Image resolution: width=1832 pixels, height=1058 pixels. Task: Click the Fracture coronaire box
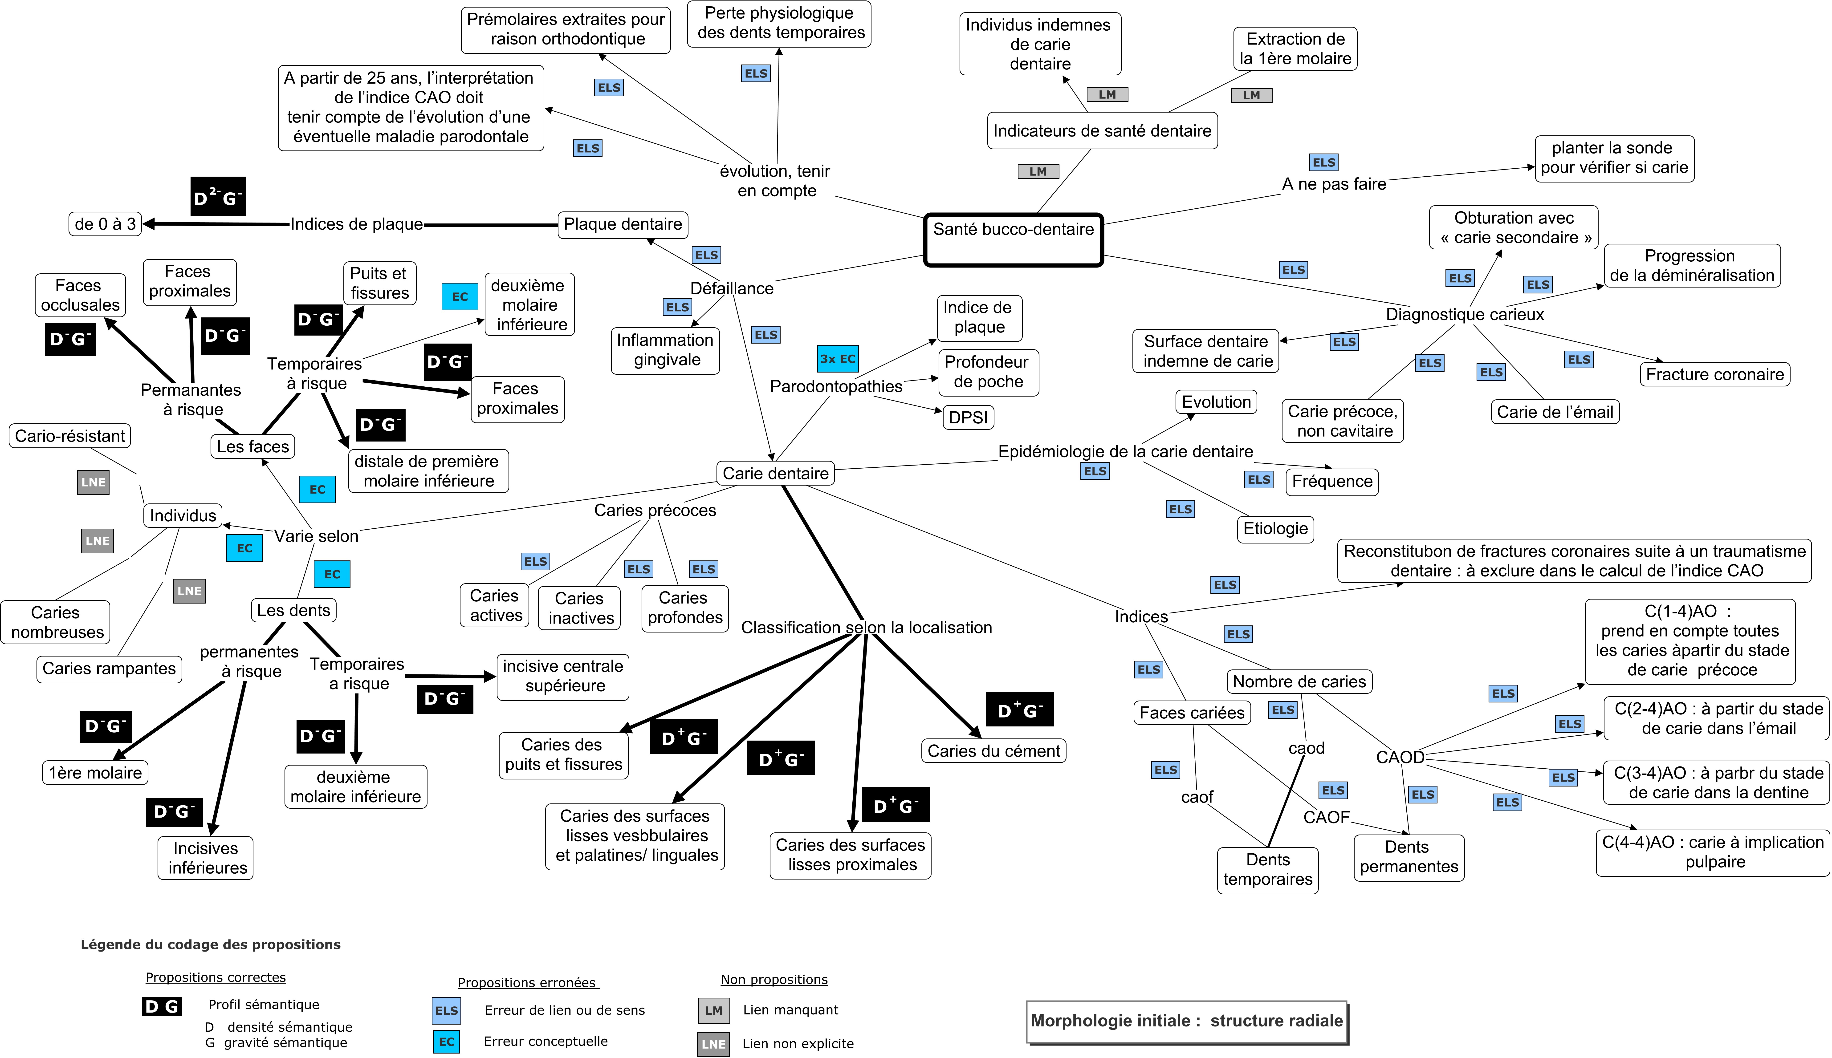pyautogui.click(x=1714, y=374)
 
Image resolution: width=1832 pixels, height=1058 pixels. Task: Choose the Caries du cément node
pyautogui.click(x=993, y=751)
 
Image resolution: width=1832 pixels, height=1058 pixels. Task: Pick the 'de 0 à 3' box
pyautogui.click(x=105, y=224)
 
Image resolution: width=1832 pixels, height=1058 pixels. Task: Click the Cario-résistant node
pyautogui.click(x=70, y=436)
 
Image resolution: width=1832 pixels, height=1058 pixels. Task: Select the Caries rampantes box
pyautogui.click(x=109, y=669)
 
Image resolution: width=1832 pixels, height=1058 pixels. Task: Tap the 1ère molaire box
pyautogui.click(x=95, y=772)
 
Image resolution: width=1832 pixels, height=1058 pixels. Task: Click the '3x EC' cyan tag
pyautogui.click(x=838, y=359)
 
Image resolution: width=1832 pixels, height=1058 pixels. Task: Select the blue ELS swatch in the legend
pyautogui.click(x=446, y=1010)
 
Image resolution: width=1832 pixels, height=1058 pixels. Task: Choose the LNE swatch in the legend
pyautogui.click(x=714, y=1044)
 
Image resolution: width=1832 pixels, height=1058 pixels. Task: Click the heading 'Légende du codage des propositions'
pyautogui.click(x=211, y=945)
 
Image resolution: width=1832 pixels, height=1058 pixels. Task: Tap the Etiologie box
pyautogui.click(x=1275, y=528)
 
